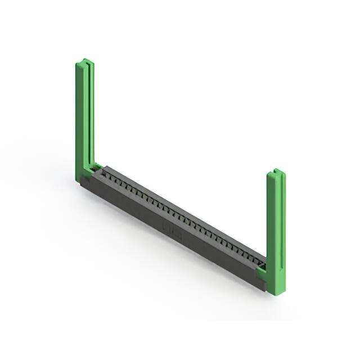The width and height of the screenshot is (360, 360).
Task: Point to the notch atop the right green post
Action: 275,170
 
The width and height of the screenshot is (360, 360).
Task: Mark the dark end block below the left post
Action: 85,184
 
